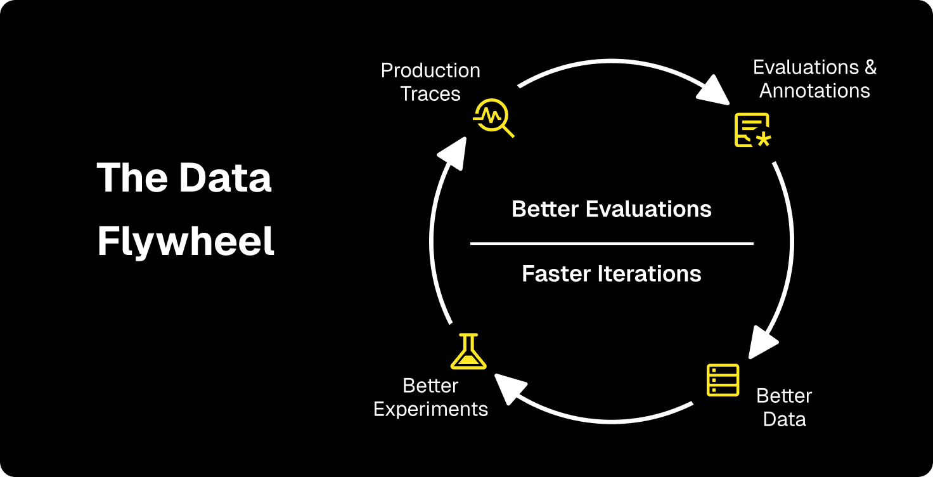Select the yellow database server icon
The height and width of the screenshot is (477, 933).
(723, 379)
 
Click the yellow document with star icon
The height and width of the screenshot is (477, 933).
(752, 130)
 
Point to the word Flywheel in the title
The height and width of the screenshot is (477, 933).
(186, 242)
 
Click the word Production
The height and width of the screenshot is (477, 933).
(430, 70)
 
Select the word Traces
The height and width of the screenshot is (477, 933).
(430, 94)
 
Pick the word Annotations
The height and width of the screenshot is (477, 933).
(814, 91)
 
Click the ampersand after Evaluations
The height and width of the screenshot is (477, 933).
(870, 67)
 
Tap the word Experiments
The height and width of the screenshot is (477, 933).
(430, 409)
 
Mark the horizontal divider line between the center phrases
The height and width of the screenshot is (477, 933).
(612, 243)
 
